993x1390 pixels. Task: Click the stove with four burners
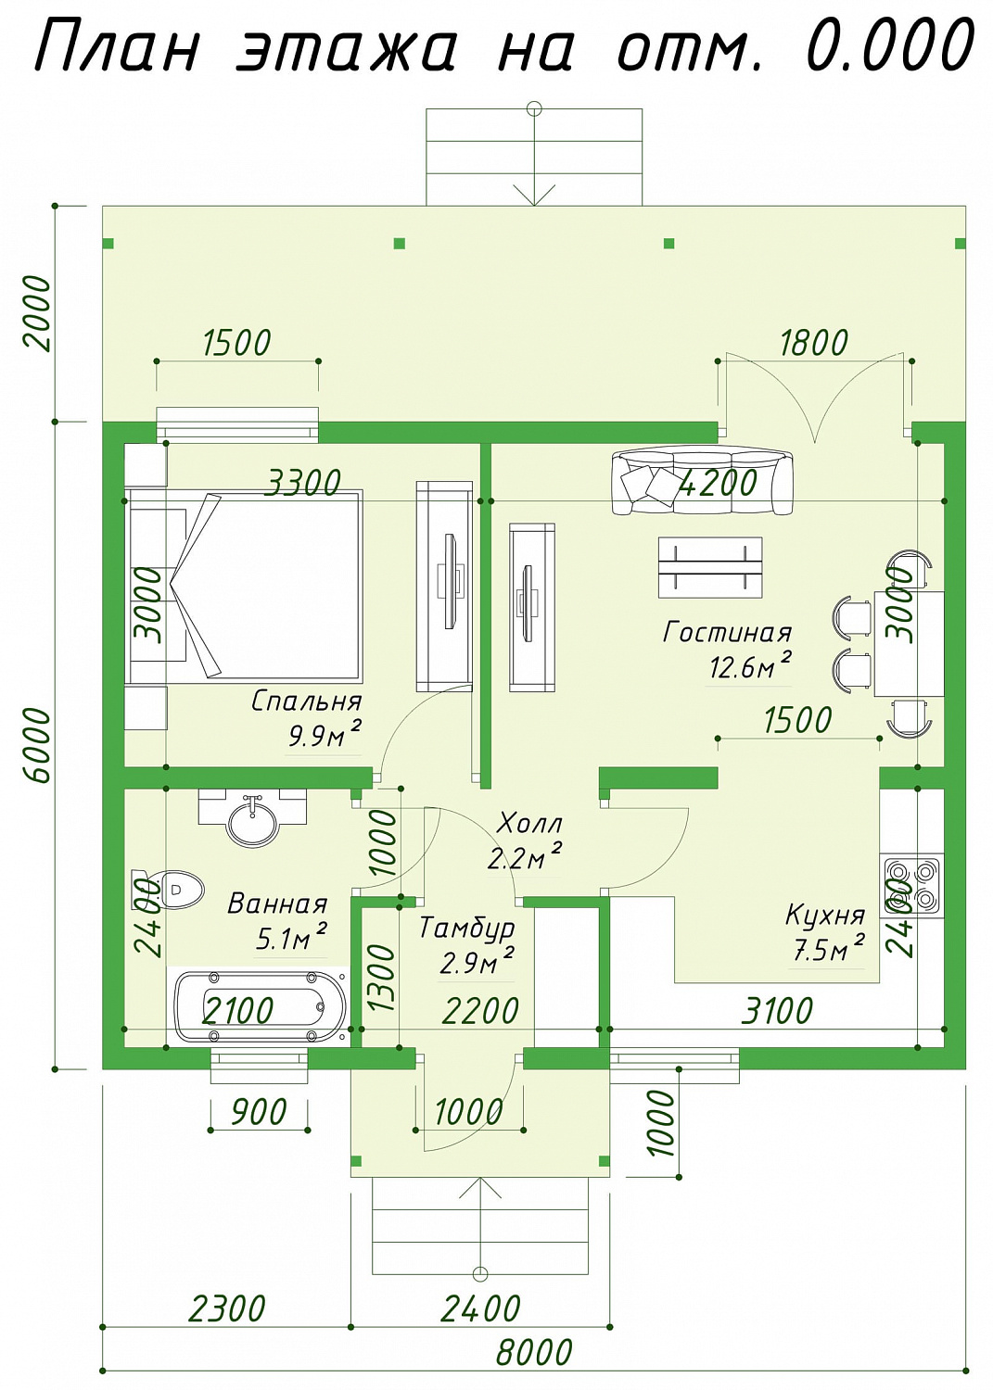[912, 884]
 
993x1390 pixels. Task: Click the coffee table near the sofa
[710, 568]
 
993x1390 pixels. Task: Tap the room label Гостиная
[727, 633]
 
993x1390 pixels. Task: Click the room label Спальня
[307, 701]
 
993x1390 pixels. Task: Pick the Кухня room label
[825, 916]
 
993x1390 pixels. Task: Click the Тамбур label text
[467, 929]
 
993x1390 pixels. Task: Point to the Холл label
[529, 824]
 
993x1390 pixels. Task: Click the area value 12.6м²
[750, 667]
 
